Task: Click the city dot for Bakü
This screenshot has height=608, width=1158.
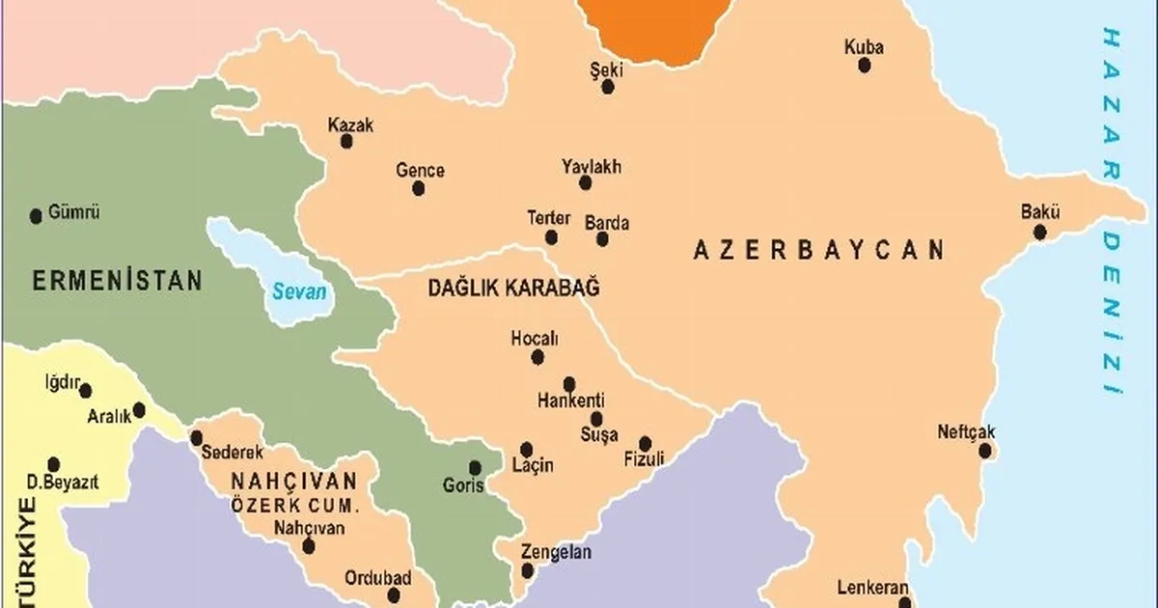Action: coord(1039,233)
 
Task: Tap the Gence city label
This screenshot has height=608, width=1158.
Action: coord(420,171)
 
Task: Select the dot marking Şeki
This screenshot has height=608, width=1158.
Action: coord(608,87)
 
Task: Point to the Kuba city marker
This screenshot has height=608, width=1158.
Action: coord(865,66)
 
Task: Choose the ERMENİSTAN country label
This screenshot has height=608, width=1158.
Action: coord(117,281)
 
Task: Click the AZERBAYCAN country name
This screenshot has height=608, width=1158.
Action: coord(818,251)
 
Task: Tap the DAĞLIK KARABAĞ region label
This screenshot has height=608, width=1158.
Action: coord(513,288)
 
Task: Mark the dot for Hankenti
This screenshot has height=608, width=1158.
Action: coord(569,383)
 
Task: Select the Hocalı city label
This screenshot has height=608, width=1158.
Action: coord(535,339)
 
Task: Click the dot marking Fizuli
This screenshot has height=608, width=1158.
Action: coord(646,443)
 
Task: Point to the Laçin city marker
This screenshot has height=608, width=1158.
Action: coord(527,449)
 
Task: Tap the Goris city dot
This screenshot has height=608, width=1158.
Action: coord(475,468)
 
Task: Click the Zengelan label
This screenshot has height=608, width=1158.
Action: coord(556,553)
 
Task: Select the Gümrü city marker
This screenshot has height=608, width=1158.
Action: coord(37,215)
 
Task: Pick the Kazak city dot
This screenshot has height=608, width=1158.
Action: coord(346,141)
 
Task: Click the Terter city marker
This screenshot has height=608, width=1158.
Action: coord(551,237)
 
